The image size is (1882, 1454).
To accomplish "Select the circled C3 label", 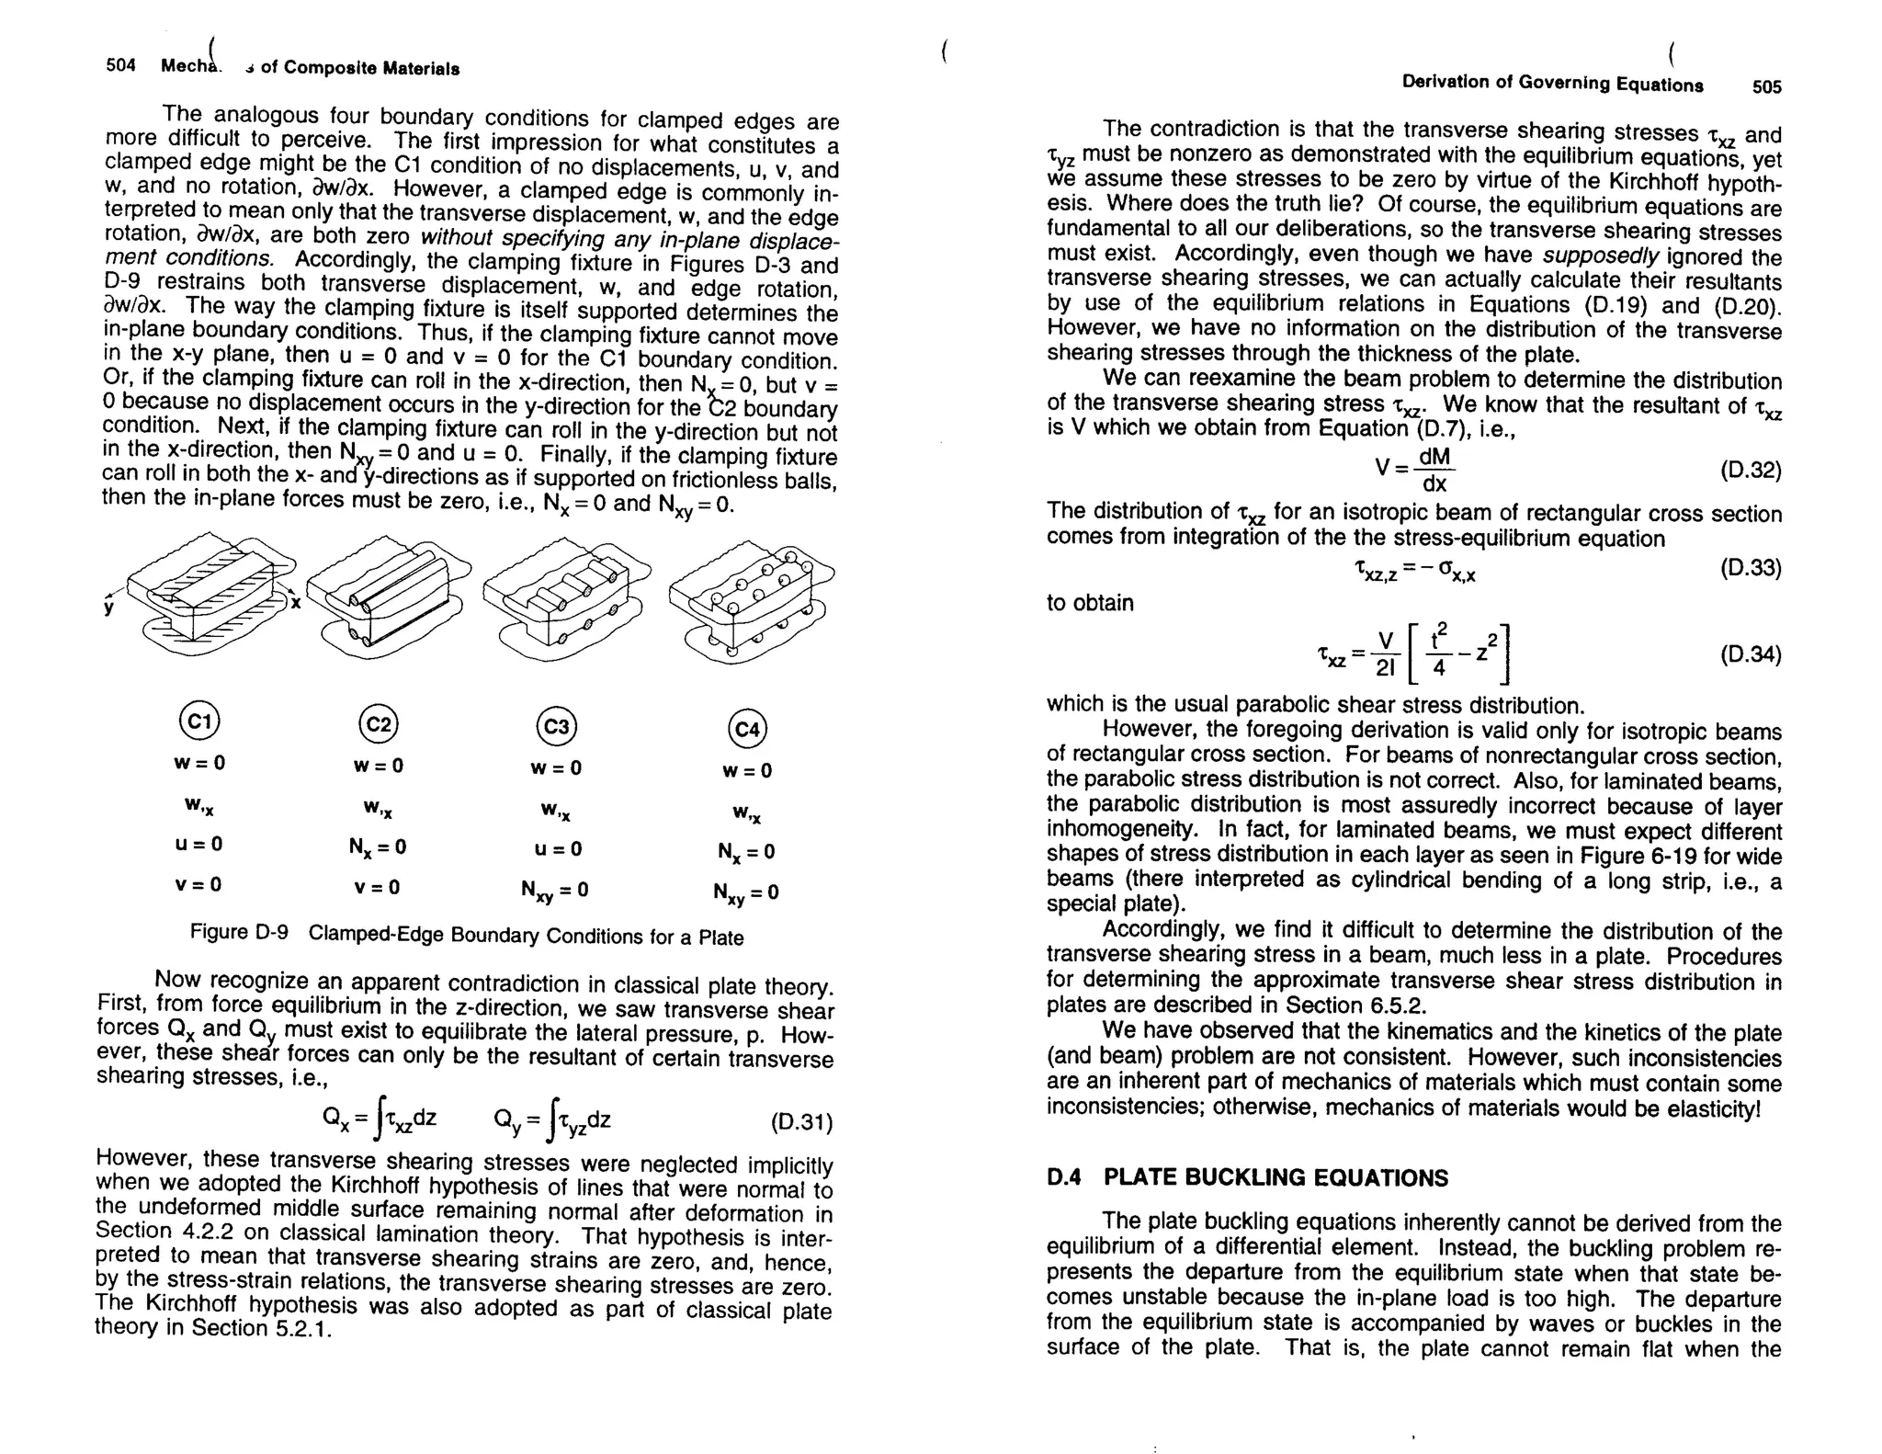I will pyautogui.click(x=556, y=727).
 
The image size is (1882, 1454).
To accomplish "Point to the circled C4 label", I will pyautogui.click(x=747, y=730).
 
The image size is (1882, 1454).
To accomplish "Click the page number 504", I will pyautogui.click(x=121, y=66).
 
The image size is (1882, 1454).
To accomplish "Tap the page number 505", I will pyautogui.click(x=1766, y=87).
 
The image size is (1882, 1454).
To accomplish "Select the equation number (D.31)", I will pyautogui.click(x=801, y=1123).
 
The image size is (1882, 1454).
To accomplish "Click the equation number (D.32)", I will pyautogui.click(x=1750, y=471).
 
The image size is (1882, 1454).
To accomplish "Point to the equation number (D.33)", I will pyautogui.click(x=1750, y=568).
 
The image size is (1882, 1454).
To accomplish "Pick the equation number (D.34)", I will pyautogui.click(x=1750, y=654).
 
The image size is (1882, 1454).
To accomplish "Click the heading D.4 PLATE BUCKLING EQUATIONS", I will pyautogui.click(x=1246, y=1178).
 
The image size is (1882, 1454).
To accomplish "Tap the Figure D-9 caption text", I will pyautogui.click(x=466, y=935).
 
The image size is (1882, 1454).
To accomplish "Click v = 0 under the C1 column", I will pyautogui.click(x=198, y=884).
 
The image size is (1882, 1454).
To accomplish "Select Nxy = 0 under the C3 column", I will pyautogui.click(x=554, y=891).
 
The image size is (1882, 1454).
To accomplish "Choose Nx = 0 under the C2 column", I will pyautogui.click(x=377, y=847).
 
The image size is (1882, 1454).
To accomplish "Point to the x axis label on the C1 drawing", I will pyautogui.click(x=296, y=603).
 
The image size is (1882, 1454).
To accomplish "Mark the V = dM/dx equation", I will pyautogui.click(x=1415, y=470).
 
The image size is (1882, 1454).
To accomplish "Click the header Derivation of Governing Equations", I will pyautogui.click(x=1552, y=84).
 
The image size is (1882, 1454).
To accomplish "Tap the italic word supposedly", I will pyautogui.click(x=1600, y=256).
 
